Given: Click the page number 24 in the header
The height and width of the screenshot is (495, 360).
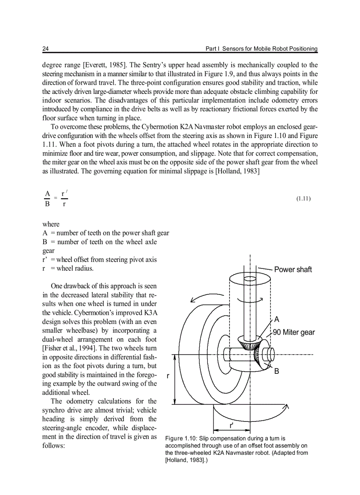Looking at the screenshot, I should pyautogui.click(x=45, y=48).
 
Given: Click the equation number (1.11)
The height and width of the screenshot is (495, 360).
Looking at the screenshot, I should pyautogui.click(x=304, y=199).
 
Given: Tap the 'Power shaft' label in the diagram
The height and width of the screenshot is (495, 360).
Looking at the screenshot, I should pyautogui.click(x=293, y=269).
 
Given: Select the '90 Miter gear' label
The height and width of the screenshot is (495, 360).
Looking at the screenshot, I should pyautogui.click(x=294, y=332).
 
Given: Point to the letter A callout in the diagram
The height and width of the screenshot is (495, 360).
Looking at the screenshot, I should pyautogui.click(x=277, y=319).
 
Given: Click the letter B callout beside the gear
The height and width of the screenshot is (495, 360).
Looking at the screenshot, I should pyautogui.click(x=277, y=372).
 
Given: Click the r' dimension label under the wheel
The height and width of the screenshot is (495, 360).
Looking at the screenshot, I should pyautogui.click(x=232, y=425).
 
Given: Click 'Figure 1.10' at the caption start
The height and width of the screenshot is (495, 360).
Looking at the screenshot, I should pyautogui.click(x=180, y=439).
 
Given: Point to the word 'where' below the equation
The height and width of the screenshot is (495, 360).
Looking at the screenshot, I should pyautogui.click(x=51, y=224).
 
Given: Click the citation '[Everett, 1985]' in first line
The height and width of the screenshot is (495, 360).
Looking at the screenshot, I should pyautogui.click(x=105, y=65).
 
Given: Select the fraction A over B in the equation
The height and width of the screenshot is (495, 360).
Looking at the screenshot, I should pyautogui.click(x=47, y=199).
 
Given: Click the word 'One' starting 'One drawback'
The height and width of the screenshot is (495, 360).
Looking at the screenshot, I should pyautogui.click(x=57, y=286).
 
